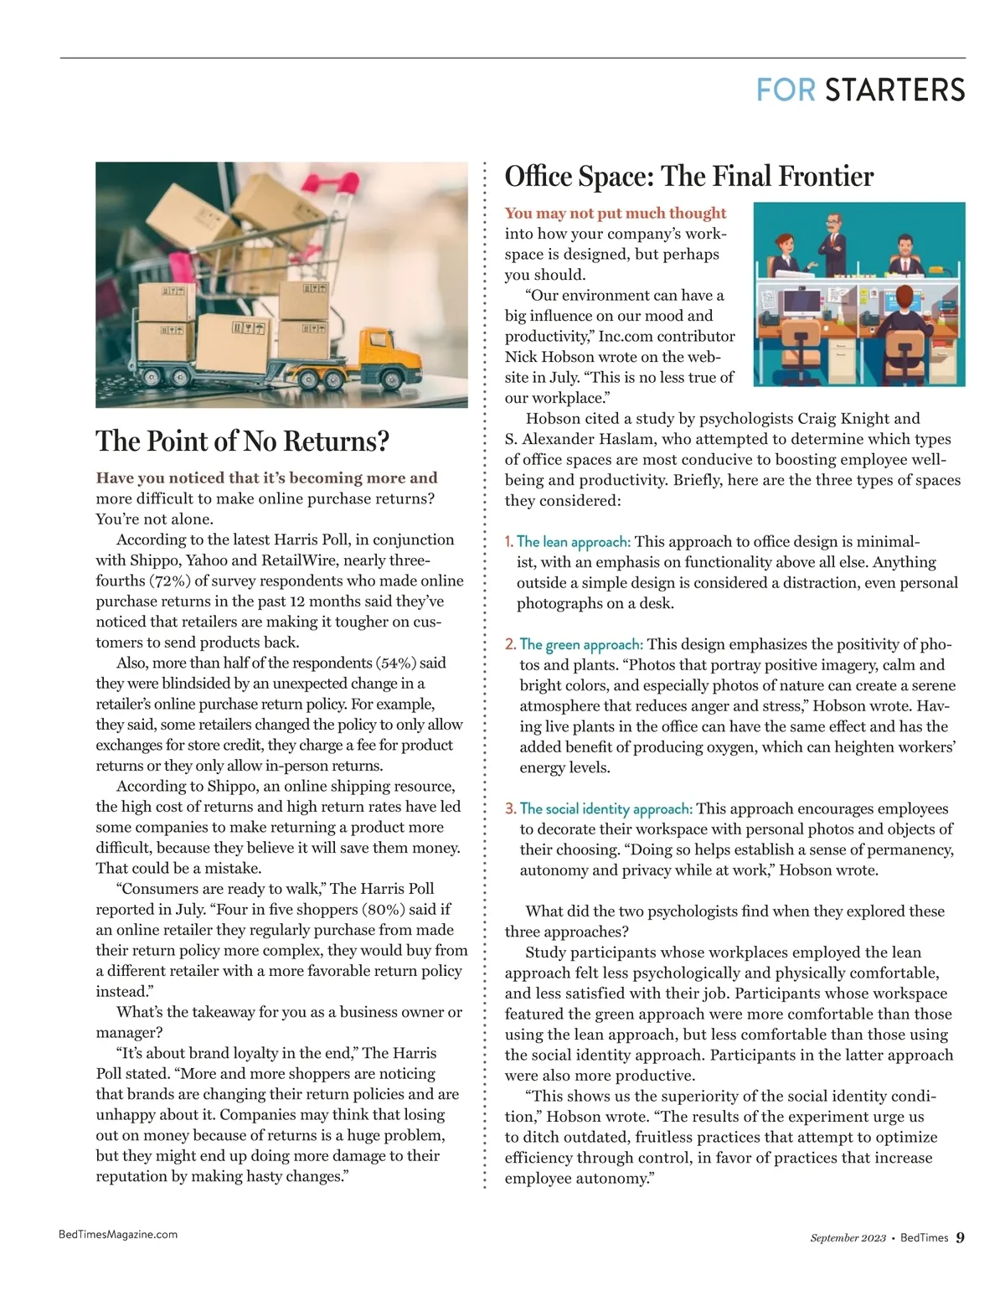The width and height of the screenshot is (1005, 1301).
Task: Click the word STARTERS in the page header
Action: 894,90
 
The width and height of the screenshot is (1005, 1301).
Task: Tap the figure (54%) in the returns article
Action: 398,663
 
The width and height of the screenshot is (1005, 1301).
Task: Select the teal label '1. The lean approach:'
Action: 568,542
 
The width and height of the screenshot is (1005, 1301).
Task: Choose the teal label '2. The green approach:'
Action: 574,644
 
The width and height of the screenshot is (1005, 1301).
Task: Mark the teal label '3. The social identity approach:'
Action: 598,808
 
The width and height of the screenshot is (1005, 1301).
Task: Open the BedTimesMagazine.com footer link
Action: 118,1234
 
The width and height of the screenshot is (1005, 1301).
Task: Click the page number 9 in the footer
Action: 960,1237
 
